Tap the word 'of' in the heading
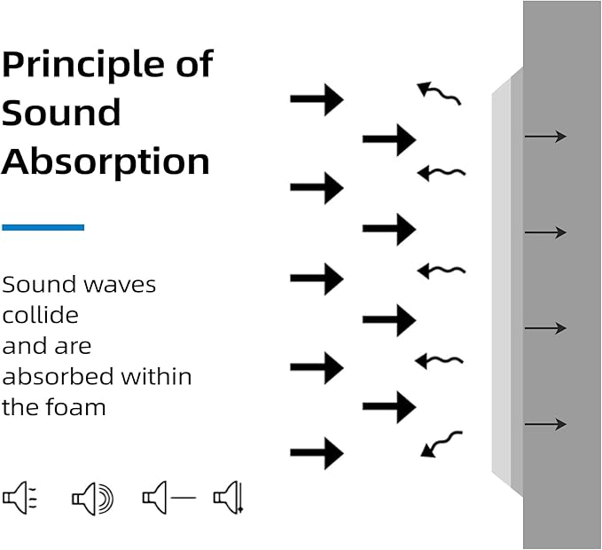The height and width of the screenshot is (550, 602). [x=195, y=63]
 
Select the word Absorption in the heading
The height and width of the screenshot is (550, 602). [x=106, y=161]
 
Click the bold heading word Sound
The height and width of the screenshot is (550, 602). [x=61, y=112]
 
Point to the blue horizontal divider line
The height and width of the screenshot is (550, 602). [x=43, y=227]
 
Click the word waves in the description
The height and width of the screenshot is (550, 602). [x=120, y=286]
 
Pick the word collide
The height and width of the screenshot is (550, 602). [x=40, y=315]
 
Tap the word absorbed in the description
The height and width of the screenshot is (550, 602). [x=58, y=376]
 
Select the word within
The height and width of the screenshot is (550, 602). [x=156, y=376]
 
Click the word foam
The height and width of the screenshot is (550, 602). [x=75, y=407]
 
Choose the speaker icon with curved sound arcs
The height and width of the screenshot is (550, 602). [x=93, y=499]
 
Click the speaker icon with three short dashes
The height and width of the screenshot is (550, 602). [x=20, y=498]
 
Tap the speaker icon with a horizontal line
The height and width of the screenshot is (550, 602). [x=169, y=498]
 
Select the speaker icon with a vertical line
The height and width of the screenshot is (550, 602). [x=229, y=498]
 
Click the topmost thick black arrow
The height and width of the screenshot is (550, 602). [x=317, y=99]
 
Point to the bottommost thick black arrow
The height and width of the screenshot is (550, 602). [x=317, y=453]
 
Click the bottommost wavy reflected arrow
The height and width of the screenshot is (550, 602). [x=442, y=444]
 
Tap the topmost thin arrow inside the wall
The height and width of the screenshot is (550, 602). [x=545, y=137]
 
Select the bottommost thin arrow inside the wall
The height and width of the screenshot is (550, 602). [x=545, y=424]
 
